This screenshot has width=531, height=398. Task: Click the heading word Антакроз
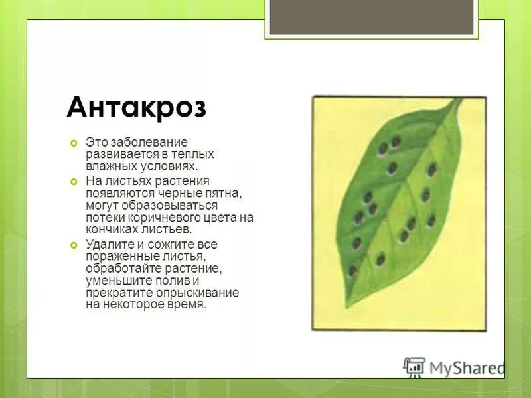click(136, 106)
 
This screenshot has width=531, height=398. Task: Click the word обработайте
click(119, 268)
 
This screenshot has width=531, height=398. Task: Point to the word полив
click(169, 281)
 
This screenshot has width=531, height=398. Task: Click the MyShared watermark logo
click(454, 367)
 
